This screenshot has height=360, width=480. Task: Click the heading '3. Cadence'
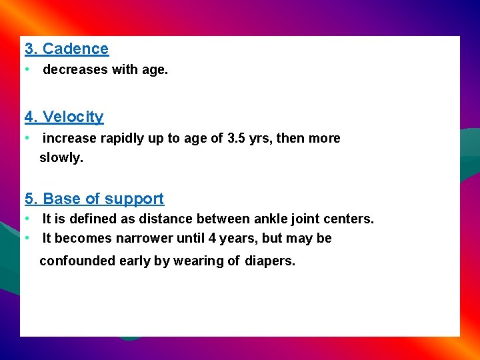tap(67, 49)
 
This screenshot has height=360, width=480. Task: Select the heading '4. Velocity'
tap(64, 117)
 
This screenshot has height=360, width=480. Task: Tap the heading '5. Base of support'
tap(94, 199)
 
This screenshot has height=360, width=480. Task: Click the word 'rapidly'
tap(123, 139)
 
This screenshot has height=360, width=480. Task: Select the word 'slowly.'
tap(61, 159)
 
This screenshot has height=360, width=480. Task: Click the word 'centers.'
tap(351, 219)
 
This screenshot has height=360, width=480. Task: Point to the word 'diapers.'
tap(269, 261)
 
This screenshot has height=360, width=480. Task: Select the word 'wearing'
tap(199, 261)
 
